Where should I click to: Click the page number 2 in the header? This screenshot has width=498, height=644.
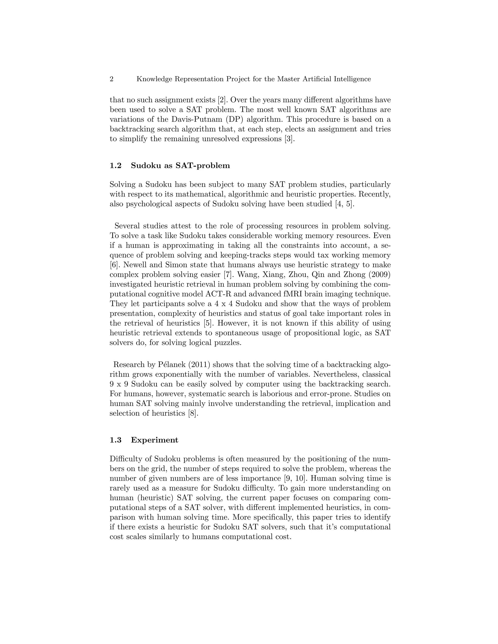click(112, 79)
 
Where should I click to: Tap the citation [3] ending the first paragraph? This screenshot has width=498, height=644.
click(289, 139)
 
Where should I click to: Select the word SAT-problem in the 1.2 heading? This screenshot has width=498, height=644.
click(202, 165)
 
